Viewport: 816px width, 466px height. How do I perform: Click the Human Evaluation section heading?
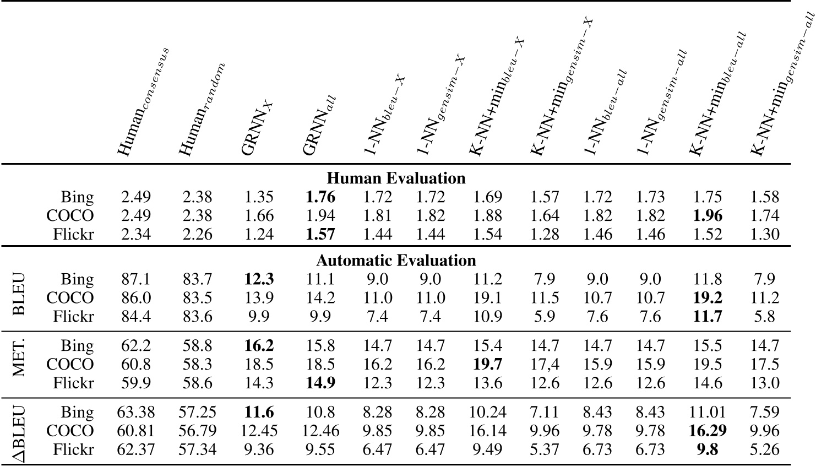(x=396, y=178)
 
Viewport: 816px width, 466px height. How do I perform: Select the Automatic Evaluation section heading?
(x=396, y=260)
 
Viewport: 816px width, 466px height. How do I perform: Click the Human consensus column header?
(x=142, y=102)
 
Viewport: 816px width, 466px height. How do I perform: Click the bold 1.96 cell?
(x=708, y=215)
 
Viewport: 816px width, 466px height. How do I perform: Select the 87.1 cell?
(x=135, y=279)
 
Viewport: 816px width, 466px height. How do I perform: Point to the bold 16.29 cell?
(x=708, y=431)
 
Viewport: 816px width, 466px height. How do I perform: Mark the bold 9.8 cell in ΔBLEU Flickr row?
(x=708, y=449)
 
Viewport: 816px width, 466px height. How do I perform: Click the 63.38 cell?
(x=135, y=412)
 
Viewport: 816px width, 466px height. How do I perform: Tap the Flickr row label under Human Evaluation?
(x=74, y=235)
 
